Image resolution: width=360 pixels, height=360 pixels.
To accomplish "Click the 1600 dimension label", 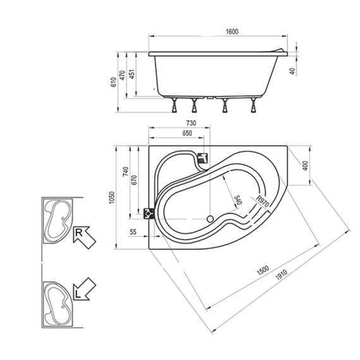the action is (x=232, y=32).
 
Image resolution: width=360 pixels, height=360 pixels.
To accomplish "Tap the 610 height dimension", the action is (x=114, y=82).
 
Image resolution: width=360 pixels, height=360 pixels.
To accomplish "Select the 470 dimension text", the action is (x=123, y=75).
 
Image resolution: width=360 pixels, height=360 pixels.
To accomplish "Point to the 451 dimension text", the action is (x=132, y=74).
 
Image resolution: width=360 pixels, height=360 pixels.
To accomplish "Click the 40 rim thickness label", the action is (x=292, y=71).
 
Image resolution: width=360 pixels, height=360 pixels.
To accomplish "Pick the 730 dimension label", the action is (x=191, y=123).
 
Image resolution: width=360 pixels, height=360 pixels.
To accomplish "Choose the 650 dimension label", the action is (x=187, y=133).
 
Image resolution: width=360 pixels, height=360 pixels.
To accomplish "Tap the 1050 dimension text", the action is (x=112, y=198).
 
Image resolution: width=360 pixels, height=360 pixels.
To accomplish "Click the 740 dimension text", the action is (x=126, y=172).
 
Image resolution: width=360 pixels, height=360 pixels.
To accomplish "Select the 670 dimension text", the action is (x=135, y=180).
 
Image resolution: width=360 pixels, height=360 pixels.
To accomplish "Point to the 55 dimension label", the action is (x=133, y=232).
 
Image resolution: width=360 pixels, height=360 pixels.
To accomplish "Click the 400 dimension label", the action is (x=305, y=165).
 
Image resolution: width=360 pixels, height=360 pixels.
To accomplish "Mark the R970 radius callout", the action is (x=263, y=201).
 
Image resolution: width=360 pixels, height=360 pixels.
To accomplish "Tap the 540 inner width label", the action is (x=238, y=200).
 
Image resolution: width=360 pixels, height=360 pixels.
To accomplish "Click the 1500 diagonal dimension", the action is (x=263, y=270).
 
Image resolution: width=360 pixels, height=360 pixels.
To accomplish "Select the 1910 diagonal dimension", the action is (x=281, y=275).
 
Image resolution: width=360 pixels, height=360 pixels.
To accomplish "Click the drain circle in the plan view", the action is (x=210, y=219).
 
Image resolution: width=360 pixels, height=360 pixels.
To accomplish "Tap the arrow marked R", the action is (x=84, y=237).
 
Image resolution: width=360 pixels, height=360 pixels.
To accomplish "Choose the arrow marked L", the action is (x=84, y=289).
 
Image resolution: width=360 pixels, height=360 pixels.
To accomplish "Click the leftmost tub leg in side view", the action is (x=175, y=105).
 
